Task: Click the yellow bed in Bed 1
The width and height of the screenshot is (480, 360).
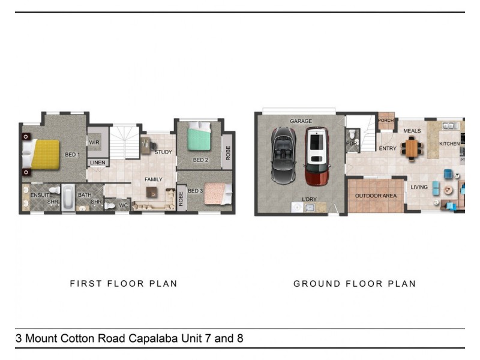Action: tap(41, 155)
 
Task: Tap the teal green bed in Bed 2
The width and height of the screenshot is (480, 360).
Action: tap(199, 136)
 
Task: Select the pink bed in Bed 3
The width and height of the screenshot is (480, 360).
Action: tap(218, 194)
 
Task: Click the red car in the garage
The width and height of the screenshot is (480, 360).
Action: tap(317, 157)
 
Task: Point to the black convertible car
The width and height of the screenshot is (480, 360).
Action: tap(283, 155)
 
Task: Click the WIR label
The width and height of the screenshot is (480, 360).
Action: tap(94, 142)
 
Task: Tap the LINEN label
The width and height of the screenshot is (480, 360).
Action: tap(98, 163)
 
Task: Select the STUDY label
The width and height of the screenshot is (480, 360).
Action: tap(163, 152)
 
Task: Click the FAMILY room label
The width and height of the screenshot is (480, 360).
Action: tap(154, 179)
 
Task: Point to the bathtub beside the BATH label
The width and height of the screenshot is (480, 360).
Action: tap(68, 197)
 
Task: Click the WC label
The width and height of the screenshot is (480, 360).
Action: tap(124, 205)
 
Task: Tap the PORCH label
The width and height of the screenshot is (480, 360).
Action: tap(386, 121)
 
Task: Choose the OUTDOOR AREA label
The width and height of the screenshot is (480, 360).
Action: tap(376, 196)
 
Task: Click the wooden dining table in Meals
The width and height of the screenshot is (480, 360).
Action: tap(412, 148)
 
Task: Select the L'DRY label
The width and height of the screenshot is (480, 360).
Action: tap(309, 199)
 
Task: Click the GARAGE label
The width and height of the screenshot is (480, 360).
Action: tap(301, 121)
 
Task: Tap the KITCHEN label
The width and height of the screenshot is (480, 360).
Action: tap(449, 143)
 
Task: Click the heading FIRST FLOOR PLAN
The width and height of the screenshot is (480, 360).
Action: tap(124, 284)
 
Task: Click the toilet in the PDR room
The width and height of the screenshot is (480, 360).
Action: tap(352, 133)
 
